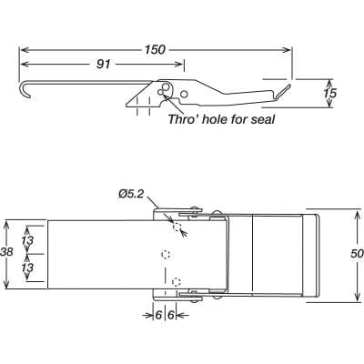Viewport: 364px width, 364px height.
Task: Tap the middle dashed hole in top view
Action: tap(165, 253)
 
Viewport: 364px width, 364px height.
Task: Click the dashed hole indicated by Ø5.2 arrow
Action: tap(177, 227)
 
